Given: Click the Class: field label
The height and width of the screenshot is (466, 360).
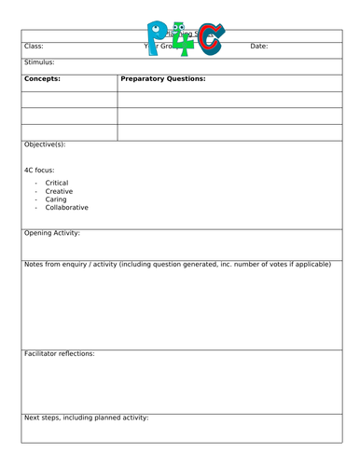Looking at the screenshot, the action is [34, 47].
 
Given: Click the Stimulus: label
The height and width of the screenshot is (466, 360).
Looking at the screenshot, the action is [40, 62].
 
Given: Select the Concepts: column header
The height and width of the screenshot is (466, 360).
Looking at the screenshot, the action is [42, 79].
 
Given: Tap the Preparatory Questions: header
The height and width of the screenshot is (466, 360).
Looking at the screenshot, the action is [163, 79].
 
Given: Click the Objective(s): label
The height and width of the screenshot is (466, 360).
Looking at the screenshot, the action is [45, 145].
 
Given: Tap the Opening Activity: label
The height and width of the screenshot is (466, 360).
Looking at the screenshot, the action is [52, 233].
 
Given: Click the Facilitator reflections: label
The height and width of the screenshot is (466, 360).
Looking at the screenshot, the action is [59, 354].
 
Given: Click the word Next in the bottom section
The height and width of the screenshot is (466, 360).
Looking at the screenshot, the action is [32, 418].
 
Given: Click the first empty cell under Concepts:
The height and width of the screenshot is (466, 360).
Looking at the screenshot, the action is [70, 99].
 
